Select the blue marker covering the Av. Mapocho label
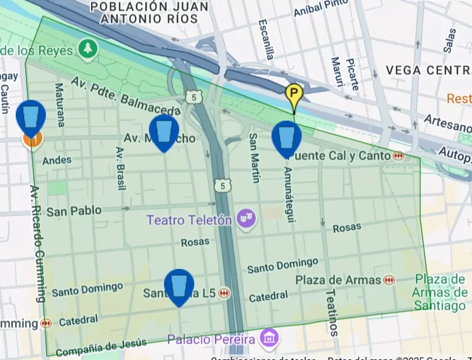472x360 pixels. pyautogui.click(x=163, y=131)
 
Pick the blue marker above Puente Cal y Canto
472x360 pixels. pyautogui.click(x=286, y=137)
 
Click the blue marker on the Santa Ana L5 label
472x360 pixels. pyautogui.click(x=179, y=285)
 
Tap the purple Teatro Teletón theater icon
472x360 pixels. pyautogui.click(x=244, y=219)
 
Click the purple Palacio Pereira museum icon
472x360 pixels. pyautogui.click(x=270, y=338)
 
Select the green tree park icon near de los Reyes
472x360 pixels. pyautogui.click(x=86, y=48)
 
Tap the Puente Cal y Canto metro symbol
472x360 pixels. pyautogui.click(x=398, y=155)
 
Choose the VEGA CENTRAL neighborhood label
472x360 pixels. pyautogui.click(x=428, y=70)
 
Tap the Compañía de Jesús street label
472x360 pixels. pyautogui.click(x=101, y=346)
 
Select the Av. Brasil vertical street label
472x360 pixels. pyautogui.click(x=119, y=168)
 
